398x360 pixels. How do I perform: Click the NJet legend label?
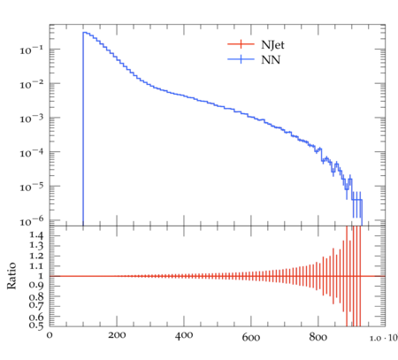[272, 45]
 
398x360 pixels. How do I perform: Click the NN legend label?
[271, 60]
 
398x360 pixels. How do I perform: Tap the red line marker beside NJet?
[241, 44]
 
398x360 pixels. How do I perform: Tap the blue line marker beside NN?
[241, 59]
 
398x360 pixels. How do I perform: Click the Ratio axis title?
[11, 276]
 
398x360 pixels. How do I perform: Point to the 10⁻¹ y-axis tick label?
[31, 50]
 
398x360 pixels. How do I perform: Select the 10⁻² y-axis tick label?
[31, 84]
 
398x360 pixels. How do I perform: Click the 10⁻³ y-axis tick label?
[31, 119]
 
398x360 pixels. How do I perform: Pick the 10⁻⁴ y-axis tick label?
[31, 153]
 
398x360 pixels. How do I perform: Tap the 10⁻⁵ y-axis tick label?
[31, 187]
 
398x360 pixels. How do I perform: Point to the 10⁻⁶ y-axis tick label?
[31, 221]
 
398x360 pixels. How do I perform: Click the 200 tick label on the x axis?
[117, 335]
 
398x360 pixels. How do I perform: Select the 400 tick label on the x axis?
[184, 335]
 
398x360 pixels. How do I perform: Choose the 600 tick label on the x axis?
[251, 336]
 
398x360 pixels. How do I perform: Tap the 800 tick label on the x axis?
[318, 336]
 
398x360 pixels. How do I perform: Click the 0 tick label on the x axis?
[50, 335]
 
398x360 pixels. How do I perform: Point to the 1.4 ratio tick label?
[36, 235]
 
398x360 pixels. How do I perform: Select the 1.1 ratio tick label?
[36, 266]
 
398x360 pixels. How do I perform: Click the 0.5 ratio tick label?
[36, 325]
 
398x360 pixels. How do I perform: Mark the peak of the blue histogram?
[84, 32]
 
